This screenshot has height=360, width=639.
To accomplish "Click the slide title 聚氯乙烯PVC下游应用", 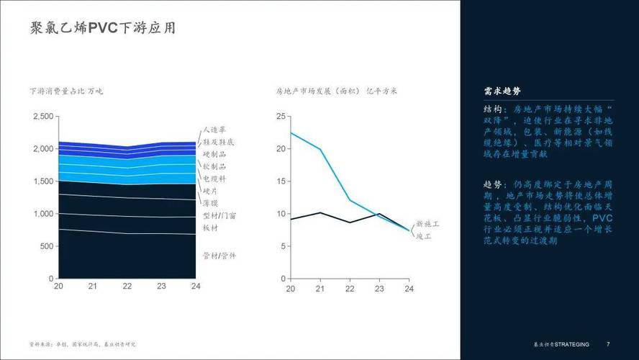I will coord(103,30).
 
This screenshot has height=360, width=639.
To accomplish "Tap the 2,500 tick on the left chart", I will coord(43,117).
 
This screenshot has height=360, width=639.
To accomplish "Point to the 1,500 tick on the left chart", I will coord(43,181).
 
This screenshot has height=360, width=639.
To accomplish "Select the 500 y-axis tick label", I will coord(47,246).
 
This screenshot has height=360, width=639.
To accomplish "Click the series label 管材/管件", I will coord(219,256).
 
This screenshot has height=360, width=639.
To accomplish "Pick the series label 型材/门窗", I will coord(219,215).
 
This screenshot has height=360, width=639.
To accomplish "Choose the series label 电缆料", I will coord(215,178).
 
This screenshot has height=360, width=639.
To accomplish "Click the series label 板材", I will coord(211,228).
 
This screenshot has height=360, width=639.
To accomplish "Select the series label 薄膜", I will coord(211,204).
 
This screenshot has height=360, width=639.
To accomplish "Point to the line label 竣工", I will coord(424,236).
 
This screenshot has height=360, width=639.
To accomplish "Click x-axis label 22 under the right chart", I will coord(350,288).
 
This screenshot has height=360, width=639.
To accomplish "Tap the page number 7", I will coord(609,344).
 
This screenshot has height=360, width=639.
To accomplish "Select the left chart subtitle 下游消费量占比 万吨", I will coord(67,91).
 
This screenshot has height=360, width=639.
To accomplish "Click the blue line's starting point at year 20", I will coord(291,132).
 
